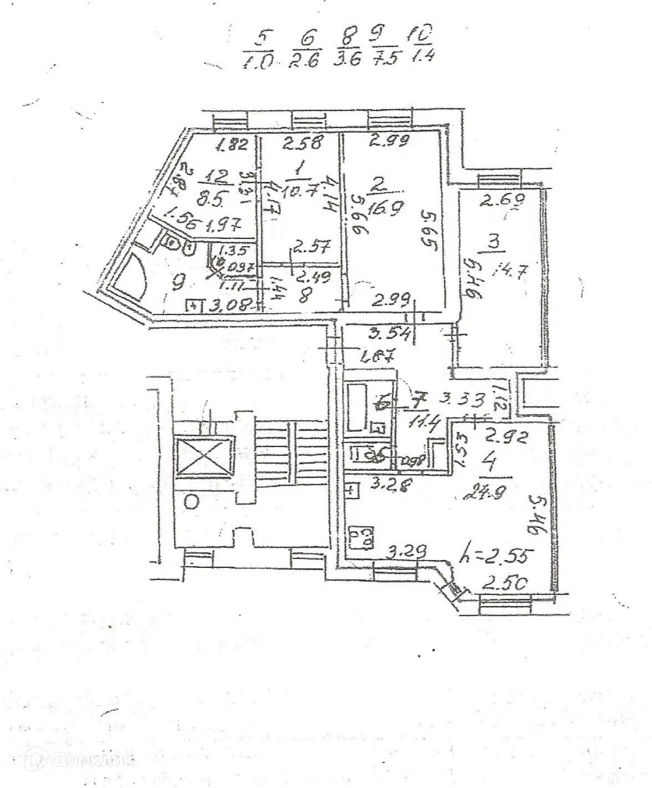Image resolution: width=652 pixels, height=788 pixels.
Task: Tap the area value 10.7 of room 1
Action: [x=299, y=191]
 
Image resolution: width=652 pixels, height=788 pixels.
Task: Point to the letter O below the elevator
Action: [x=192, y=503]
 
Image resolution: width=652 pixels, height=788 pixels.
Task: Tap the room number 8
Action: [x=304, y=295]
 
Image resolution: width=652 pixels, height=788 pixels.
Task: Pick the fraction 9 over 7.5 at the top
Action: [x=379, y=45]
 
